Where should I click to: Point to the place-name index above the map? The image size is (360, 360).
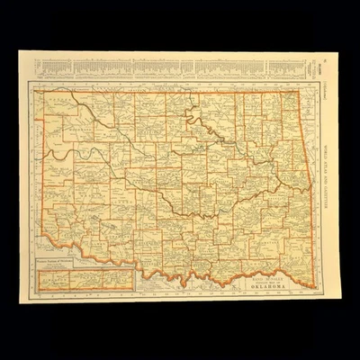(x=171, y=67)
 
